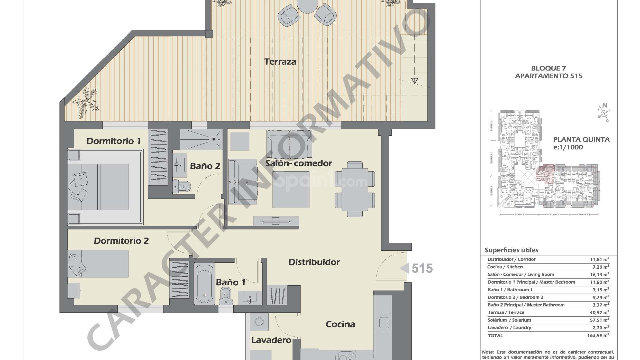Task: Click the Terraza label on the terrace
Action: pos(280,62)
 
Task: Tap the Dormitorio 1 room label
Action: pos(113,141)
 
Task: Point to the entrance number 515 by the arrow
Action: pos(422,268)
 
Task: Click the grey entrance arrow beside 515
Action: pos(404,268)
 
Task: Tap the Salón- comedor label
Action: pos(299,163)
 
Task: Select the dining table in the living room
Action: pos(355,189)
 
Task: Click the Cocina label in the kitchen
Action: pos(340,324)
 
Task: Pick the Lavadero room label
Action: pos(271,340)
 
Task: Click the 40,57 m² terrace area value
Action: pos(599,312)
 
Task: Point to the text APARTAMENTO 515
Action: pos(548,76)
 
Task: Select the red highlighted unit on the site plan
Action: pos(544,174)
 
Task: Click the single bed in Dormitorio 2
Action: pos(98,264)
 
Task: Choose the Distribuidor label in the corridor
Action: pos(314,262)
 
